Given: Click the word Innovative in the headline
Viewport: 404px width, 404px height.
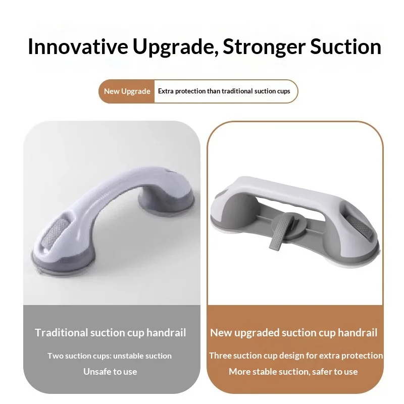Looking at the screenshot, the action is (78, 46).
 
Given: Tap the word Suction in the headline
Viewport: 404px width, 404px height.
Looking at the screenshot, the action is (345, 46).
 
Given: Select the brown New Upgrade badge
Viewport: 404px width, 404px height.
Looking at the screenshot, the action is (127, 91).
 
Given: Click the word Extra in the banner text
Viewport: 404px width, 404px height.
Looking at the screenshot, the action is (166, 91).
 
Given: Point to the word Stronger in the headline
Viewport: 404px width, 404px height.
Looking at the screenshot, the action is (264, 47).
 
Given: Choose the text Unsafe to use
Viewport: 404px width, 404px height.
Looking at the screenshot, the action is (110, 372).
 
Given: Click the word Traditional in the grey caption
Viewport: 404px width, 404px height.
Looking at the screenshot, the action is (61, 333).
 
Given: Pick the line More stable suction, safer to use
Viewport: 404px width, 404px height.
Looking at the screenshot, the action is (293, 372).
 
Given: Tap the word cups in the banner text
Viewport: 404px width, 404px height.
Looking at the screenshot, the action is (283, 91).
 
